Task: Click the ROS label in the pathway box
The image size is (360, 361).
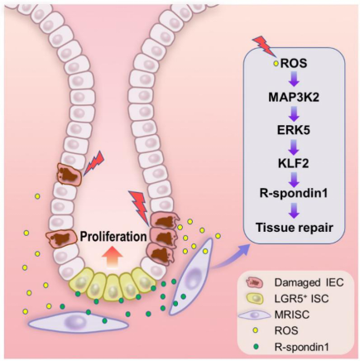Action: [x=294, y=64]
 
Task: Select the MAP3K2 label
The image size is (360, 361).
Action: [x=294, y=97]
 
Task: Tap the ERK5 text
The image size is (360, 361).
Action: [x=294, y=131]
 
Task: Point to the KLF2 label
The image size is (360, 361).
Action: [x=294, y=164]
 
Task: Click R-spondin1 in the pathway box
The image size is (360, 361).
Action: [x=294, y=193]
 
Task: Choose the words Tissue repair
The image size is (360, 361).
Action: [x=295, y=228]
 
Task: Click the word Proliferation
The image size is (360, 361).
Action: [x=113, y=237]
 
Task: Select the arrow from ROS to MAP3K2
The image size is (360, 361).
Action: [x=294, y=80]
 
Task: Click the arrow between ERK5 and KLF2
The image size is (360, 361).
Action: [x=294, y=147]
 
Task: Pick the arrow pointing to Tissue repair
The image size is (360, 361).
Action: [x=294, y=210]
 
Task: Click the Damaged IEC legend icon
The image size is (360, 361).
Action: [x=255, y=283]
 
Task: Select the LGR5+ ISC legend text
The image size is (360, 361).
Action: [x=301, y=299]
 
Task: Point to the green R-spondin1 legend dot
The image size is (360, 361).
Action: [x=255, y=345]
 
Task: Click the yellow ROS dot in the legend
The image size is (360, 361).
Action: [x=255, y=330]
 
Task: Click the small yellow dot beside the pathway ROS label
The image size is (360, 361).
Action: [x=276, y=64]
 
